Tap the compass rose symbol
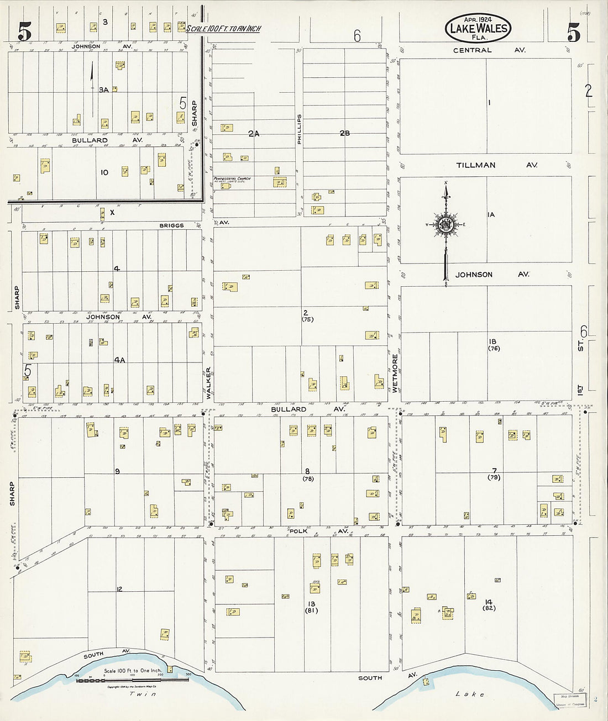445,224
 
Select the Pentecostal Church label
232,179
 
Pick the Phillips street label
300,130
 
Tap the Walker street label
208,383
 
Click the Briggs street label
171,225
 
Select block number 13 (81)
312,607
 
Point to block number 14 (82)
489,605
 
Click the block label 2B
345,133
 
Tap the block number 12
119,590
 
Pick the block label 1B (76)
494,345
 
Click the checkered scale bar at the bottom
132,680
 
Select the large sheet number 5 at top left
24,32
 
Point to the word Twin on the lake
143,694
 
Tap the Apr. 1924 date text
478,19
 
